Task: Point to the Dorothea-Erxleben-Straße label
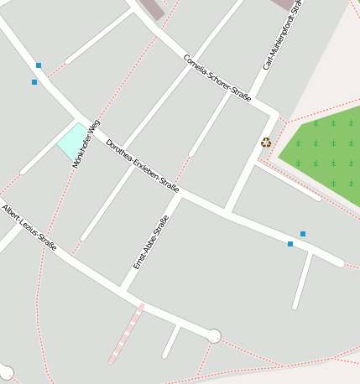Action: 143,166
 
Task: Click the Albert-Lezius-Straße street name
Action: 29,227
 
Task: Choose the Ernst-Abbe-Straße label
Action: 151,241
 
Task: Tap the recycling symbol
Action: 266,142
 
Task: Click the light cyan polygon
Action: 71,140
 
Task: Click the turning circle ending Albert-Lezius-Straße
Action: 214,336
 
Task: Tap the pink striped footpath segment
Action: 126,334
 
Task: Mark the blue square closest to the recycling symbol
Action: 303,234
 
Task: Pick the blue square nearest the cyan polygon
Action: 34,82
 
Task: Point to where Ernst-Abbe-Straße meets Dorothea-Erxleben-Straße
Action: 180,193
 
